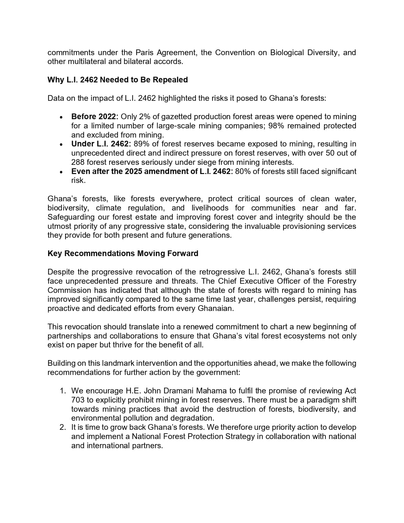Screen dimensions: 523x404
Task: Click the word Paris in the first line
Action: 144,53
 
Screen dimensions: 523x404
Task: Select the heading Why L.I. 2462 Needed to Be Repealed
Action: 118,80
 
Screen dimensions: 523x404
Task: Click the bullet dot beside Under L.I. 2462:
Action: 61,145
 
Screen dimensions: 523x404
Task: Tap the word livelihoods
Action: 210,208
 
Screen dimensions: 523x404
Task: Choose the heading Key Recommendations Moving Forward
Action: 123,254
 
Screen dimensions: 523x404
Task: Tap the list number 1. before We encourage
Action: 63,391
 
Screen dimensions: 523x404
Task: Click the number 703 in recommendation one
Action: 78,400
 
